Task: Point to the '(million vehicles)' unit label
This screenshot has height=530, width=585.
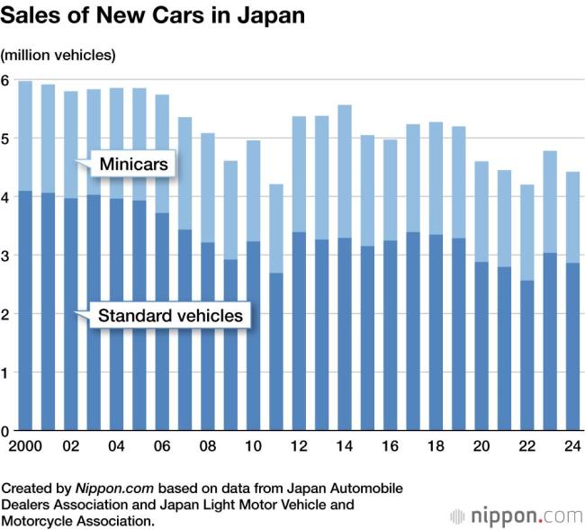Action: pos(58,56)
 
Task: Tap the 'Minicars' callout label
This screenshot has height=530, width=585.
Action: pos(133,165)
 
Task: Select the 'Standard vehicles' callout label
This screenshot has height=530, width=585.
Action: pos(170,316)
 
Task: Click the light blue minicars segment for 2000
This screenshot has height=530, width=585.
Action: pos(25,136)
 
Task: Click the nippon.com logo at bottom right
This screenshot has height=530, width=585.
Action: pos(516,517)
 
